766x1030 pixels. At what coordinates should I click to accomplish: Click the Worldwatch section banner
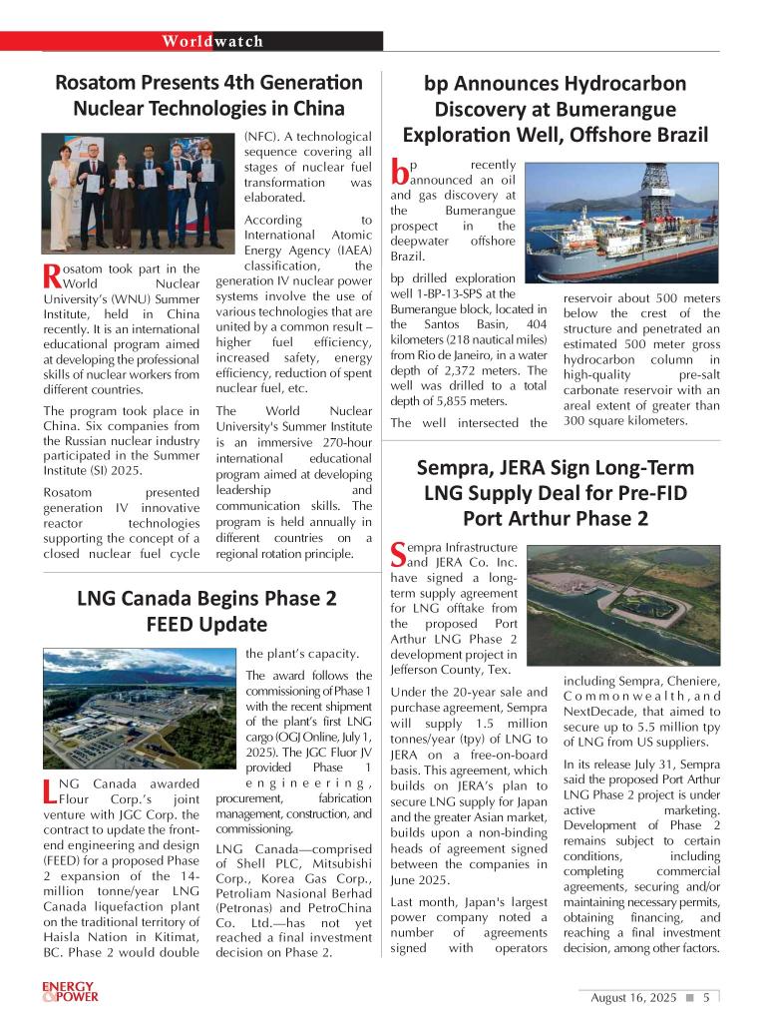[213, 41]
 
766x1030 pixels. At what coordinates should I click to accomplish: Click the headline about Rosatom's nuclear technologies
[208, 95]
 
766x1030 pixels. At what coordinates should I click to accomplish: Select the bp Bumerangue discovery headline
[555, 109]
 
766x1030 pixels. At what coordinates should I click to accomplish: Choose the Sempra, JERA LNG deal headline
[555, 493]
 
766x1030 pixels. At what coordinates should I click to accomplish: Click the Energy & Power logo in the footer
[70, 991]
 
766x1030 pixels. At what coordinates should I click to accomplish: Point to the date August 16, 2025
[633, 997]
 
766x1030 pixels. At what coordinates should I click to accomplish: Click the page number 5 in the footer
[706, 997]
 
